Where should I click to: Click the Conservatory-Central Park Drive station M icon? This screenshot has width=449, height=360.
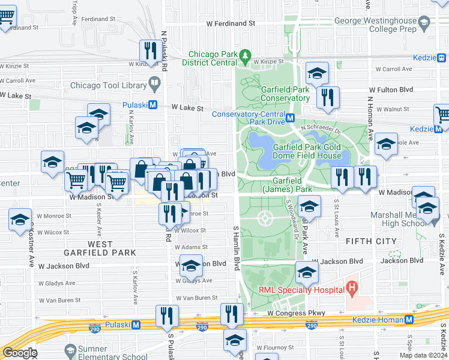coord(290,118)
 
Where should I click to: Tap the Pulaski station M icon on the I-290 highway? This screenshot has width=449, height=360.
coord(136,325)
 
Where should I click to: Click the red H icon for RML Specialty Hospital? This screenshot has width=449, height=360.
coord(352,290)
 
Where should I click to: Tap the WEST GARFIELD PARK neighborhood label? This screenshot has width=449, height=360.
coord(100,248)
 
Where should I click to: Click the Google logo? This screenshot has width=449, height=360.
coord(20,352)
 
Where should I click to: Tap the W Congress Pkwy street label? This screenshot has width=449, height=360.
coord(296,313)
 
